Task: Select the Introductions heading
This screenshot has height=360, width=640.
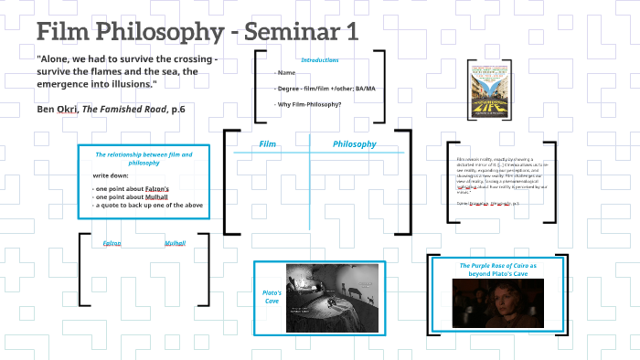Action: pos(320,59)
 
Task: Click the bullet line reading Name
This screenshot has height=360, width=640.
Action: pos(286,72)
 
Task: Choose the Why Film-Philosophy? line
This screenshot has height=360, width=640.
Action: pos(308,104)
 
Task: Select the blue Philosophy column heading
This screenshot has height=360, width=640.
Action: pos(354,144)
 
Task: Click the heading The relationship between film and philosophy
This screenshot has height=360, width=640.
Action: pos(144,159)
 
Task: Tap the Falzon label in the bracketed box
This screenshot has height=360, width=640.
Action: pos(112,244)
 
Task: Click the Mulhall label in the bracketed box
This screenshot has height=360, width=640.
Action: pos(175,244)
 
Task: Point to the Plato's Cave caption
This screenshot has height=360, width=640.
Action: pos(271,296)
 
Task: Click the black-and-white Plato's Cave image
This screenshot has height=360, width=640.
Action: pos(332,297)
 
